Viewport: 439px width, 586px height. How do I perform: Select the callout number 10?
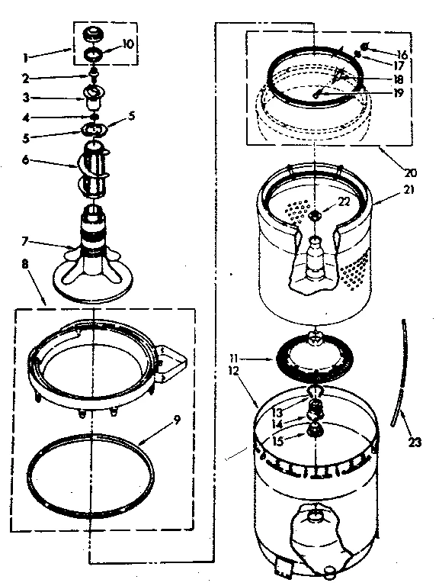pos(128,43)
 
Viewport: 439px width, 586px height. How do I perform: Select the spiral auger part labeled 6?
pos(95,162)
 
